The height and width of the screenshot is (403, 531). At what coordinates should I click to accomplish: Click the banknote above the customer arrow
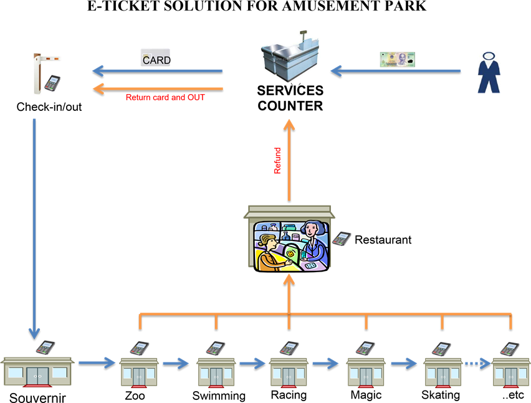398,60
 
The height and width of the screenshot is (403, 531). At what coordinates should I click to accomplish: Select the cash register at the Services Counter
290,54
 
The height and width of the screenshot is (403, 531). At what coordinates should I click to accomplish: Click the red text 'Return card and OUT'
165,97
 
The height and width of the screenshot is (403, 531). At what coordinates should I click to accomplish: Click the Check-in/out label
49,107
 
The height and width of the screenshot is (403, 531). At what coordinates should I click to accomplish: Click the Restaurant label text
383,239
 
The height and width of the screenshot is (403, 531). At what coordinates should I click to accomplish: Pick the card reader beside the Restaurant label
342,238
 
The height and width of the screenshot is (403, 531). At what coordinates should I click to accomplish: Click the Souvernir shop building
37,372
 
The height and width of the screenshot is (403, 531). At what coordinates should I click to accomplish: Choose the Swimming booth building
216,372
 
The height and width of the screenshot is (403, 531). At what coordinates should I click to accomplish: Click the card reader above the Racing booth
289,348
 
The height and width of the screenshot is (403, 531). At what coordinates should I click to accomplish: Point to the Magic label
366,395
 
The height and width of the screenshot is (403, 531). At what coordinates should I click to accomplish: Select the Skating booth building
442,372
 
